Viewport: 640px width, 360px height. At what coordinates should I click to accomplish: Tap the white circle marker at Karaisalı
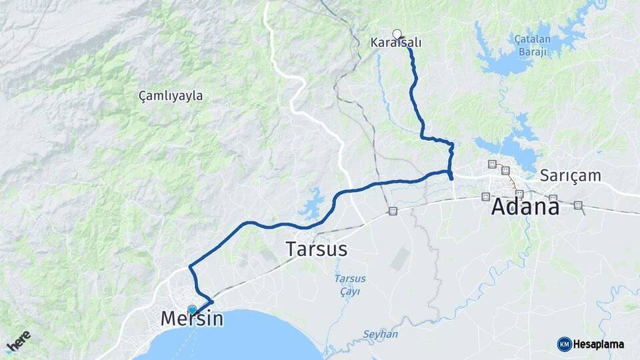pos(397,34)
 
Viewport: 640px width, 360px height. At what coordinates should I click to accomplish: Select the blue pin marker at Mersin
pos(193,309)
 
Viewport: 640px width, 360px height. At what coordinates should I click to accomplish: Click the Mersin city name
pos(191,319)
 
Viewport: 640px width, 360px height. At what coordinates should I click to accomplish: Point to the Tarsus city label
pos(317,249)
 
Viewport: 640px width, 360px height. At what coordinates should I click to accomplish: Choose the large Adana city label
pos(525,207)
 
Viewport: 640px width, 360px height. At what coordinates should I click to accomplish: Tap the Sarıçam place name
pos(571,176)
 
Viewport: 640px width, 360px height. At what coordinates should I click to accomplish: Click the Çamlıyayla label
pos(171,96)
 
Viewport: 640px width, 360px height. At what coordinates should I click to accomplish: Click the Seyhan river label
pos(380,333)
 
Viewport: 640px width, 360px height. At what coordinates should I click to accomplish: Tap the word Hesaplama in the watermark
pos(598,345)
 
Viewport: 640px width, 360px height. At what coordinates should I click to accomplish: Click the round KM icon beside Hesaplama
pos(564,345)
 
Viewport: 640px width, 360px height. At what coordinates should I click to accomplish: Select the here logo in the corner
pos(18,341)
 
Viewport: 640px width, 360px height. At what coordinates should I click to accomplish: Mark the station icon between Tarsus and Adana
pos(393,211)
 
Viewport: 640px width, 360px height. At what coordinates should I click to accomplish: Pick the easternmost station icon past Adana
pos(577,205)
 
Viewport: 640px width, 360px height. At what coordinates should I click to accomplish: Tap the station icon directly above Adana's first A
pos(486,196)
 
